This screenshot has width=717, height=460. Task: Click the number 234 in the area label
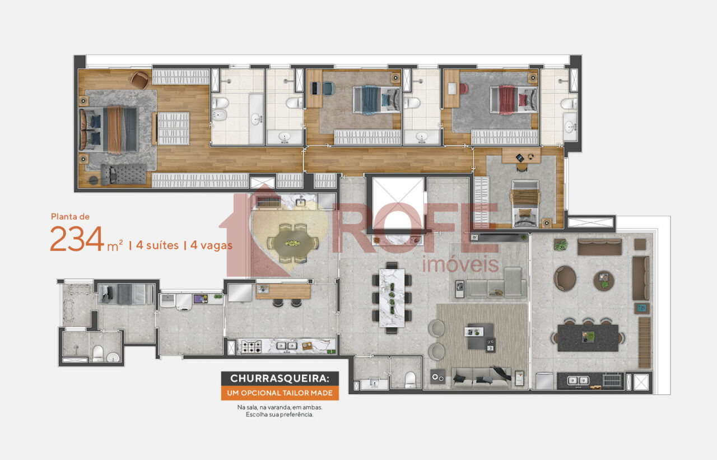(77, 239)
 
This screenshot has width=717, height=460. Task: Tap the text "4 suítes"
(157, 245)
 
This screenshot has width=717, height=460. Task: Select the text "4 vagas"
(211, 245)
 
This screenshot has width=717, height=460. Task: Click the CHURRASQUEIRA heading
(280, 378)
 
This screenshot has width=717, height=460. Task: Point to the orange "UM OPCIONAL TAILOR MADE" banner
(280, 393)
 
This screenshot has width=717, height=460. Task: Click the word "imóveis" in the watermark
(460, 264)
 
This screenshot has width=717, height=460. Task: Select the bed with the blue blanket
(377, 100)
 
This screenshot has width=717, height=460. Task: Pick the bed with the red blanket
(514, 100)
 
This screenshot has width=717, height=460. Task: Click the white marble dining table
(392, 298)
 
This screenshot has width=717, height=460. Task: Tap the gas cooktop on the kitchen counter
(252, 347)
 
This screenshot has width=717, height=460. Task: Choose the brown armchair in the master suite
(140, 80)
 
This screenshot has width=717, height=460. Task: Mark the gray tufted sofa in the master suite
(124, 174)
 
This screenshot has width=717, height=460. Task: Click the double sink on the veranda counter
(578, 380)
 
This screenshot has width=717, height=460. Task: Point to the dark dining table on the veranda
(588, 338)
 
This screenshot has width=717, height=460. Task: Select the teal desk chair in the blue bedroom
(328, 89)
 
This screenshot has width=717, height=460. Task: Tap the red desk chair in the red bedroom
(464, 89)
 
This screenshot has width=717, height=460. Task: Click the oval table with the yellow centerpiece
(293, 243)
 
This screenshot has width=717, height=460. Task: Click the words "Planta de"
(70, 217)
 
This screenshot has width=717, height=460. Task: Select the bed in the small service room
(127, 294)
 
